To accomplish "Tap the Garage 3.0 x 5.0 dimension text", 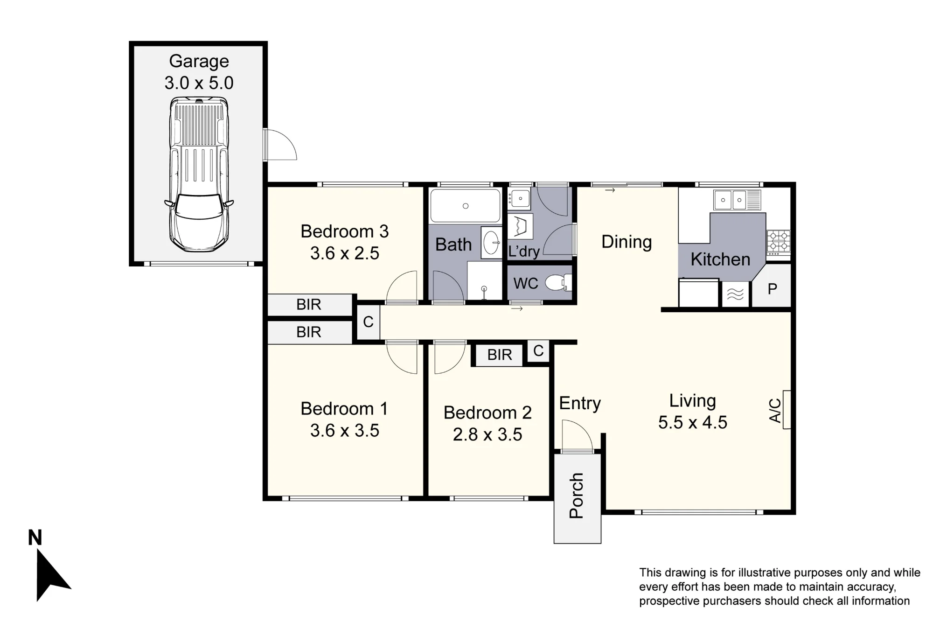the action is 199,83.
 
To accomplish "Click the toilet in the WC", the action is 558,283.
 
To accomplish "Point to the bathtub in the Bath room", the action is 465,206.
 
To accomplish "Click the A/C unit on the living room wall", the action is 787,410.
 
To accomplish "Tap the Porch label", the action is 577,496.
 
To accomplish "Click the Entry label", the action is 580,403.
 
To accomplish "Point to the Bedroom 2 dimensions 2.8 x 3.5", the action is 487,434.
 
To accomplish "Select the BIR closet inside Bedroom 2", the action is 499,355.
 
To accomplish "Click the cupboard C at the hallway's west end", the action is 368,322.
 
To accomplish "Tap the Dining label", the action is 627,242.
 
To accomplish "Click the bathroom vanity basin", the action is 491,243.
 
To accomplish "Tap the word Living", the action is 692,401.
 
